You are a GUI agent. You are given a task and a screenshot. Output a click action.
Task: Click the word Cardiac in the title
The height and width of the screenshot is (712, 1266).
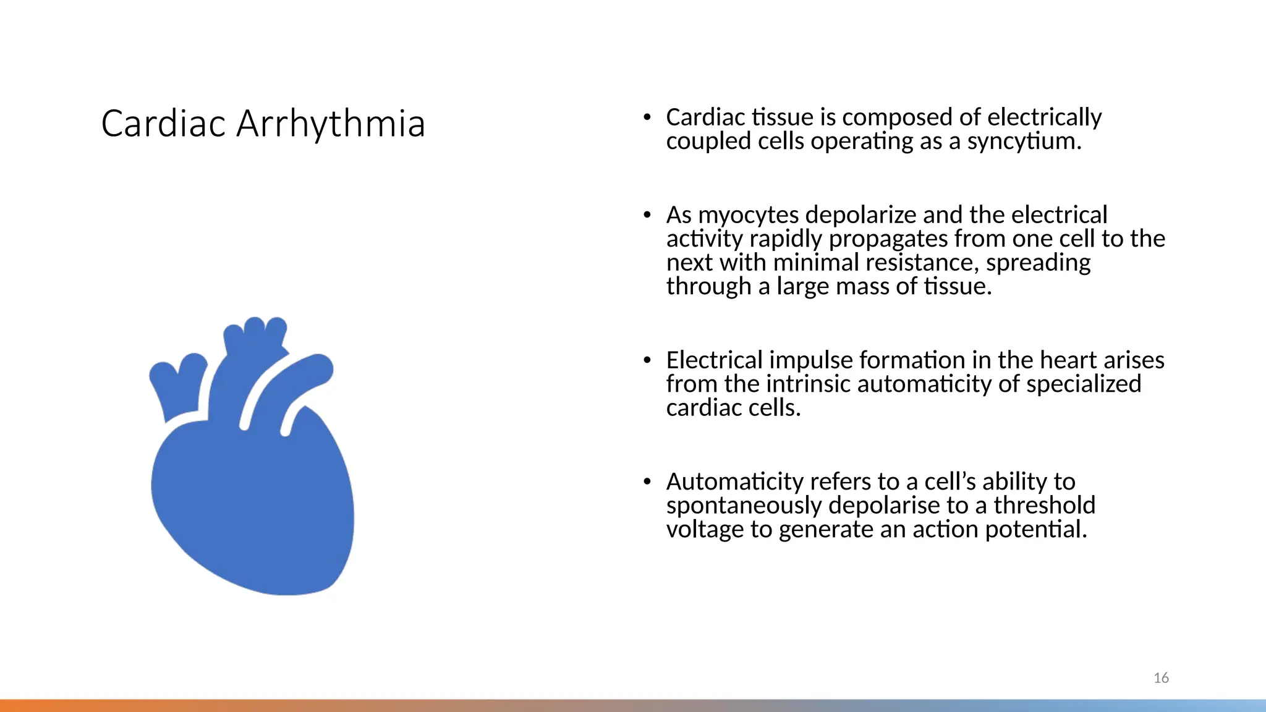[x=163, y=124]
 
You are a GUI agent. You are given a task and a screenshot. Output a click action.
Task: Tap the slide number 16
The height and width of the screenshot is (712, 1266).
[x=1161, y=678]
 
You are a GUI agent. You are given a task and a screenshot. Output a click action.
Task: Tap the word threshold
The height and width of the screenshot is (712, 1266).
[x=1044, y=506]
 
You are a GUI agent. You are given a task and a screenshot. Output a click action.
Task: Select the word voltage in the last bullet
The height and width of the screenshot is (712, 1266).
[x=705, y=530]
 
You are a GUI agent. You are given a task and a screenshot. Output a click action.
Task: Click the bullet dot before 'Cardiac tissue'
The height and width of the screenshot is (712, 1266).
[x=647, y=116]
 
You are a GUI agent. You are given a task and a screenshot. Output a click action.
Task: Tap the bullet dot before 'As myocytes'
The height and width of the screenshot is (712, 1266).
[x=647, y=214]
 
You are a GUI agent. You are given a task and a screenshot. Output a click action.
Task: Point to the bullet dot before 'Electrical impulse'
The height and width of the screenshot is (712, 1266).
[x=647, y=360]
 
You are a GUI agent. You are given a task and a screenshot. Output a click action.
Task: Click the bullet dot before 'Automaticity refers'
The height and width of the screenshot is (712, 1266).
[x=647, y=481]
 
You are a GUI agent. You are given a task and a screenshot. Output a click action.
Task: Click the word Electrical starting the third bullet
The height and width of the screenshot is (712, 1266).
[x=714, y=360]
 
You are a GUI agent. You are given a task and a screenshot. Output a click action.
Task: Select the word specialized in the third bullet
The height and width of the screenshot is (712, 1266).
[x=1084, y=384]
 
